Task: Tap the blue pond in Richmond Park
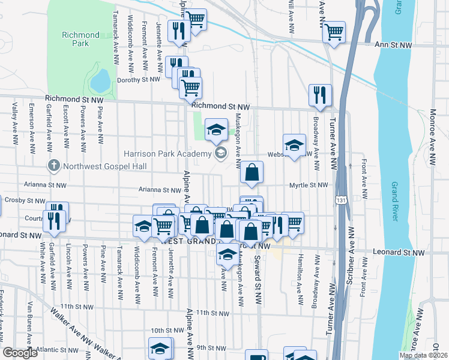pos(100,80)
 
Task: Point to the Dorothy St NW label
pos(139,79)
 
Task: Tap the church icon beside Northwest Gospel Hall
pos(53,165)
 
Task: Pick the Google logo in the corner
pos(20,353)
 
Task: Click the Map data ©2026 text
pos(423,355)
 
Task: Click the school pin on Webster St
pos(294,145)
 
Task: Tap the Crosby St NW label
pos(25,200)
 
